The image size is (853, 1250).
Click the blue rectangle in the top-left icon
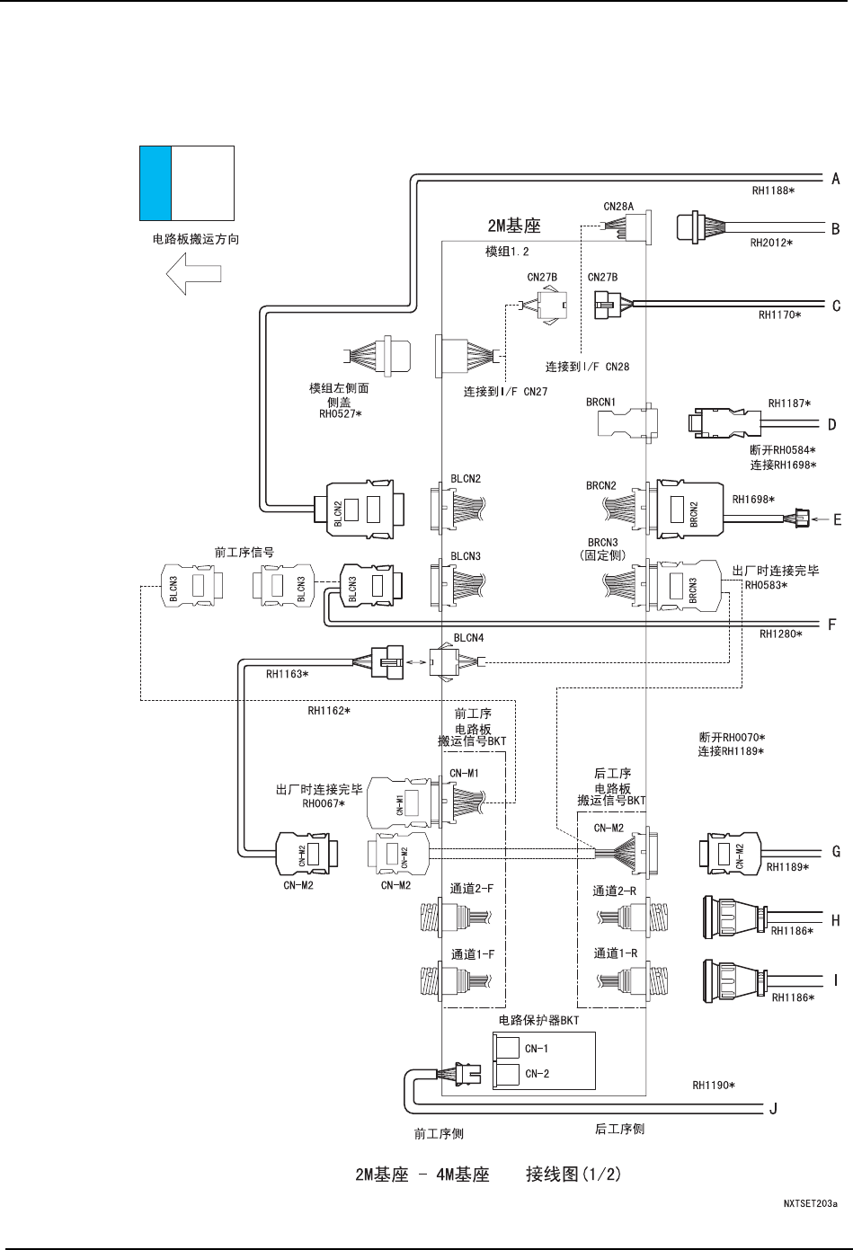[155, 183]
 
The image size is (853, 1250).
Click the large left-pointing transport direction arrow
[193, 272]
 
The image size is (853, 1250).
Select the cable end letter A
[836, 179]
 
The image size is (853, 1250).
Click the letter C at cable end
[836, 306]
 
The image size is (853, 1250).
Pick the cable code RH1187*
[788, 403]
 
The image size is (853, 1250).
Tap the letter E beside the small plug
[837, 519]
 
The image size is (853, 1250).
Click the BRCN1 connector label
[601, 402]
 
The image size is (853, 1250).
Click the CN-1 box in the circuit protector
[509, 1048]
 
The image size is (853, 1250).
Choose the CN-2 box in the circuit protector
[509, 1074]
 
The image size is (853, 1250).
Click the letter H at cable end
[836, 920]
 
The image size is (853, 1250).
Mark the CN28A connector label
[618, 207]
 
